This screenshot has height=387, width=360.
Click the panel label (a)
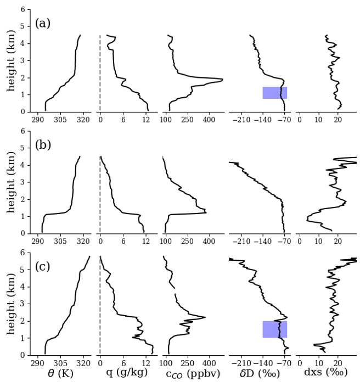pyautogui.click(x=43, y=24)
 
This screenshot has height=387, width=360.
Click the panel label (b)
pyautogui.click(x=43, y=145)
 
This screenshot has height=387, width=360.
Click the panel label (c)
pyautogui.click(x=43, y=267)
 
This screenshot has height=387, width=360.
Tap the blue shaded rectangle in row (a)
pyautogui.click(x=274, y=93)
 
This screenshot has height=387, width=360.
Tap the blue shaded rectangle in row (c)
pyautogui.click(x=274, y=329)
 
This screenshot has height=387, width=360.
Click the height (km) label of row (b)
pyautogui.click(x=12, y=182)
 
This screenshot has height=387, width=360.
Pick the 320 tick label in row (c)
pyautogui.click(x=83, y=363)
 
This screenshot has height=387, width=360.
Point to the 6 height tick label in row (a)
pyautogui.click(x=22, y=10)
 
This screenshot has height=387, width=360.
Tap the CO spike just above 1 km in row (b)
pyautogui.click(x=206, y=212)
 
